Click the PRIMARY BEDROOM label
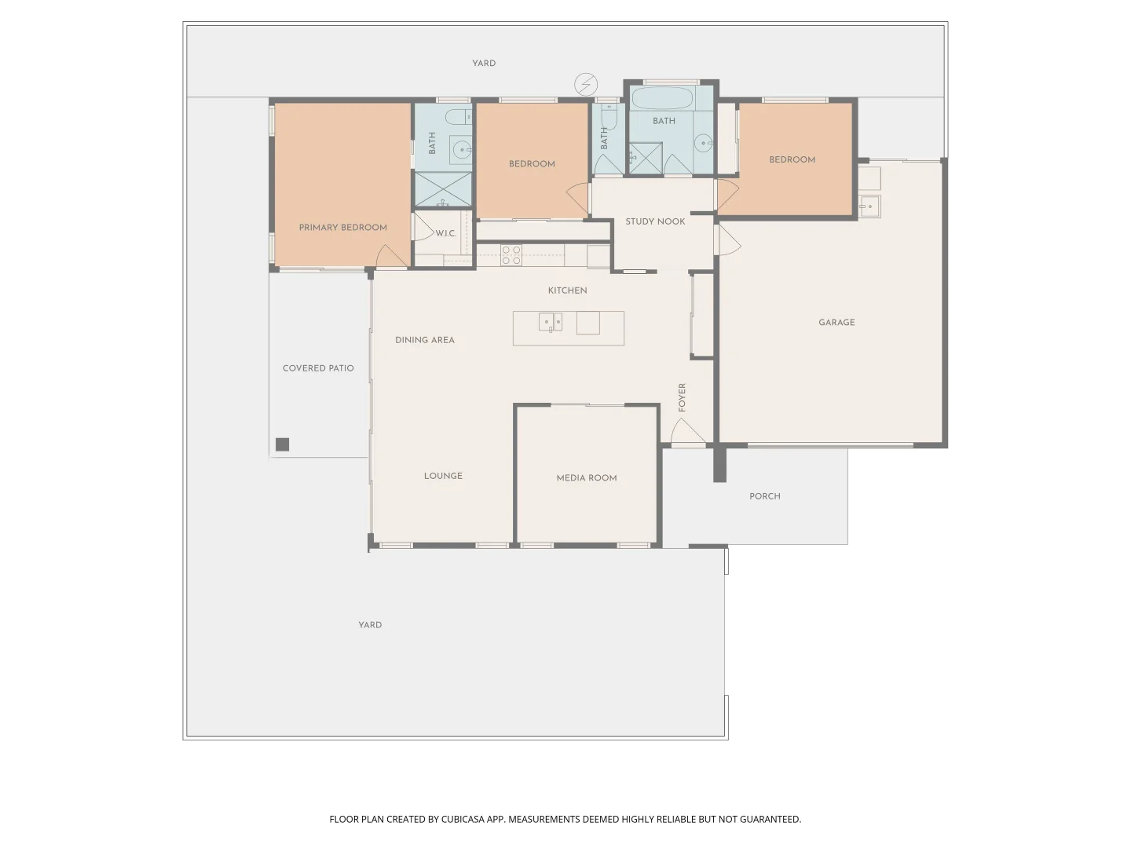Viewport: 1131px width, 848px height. (x=342, y=228)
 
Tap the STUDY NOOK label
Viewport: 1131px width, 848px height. (x=655, y=221)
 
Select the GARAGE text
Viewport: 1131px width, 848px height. (x=836, y=323)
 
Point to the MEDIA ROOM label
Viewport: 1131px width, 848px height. (x=587, y=477)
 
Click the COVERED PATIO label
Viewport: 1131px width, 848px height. (x=318, y=368)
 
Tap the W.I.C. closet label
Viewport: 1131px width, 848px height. (x=446, y=234)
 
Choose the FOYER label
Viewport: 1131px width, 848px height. (x=682, y=397)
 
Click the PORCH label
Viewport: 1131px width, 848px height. (x=764, y=496)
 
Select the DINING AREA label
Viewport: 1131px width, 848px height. (x=425, y=340)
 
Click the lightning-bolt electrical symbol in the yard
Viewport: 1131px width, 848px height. (x=586, y=84)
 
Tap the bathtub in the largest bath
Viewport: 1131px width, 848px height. (x=663, y=99)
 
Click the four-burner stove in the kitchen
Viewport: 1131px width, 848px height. (x=511, y=255)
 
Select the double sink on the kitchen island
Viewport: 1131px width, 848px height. (x=550, y=322)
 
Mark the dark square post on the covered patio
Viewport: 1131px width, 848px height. (x=283, y=444)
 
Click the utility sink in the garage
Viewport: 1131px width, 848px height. (x=869, y=207)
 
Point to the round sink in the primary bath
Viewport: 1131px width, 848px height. (x=462, y=148)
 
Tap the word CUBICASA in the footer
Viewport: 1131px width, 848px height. (x=463, y=819)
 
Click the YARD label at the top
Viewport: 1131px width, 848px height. (x=484, y=63)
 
